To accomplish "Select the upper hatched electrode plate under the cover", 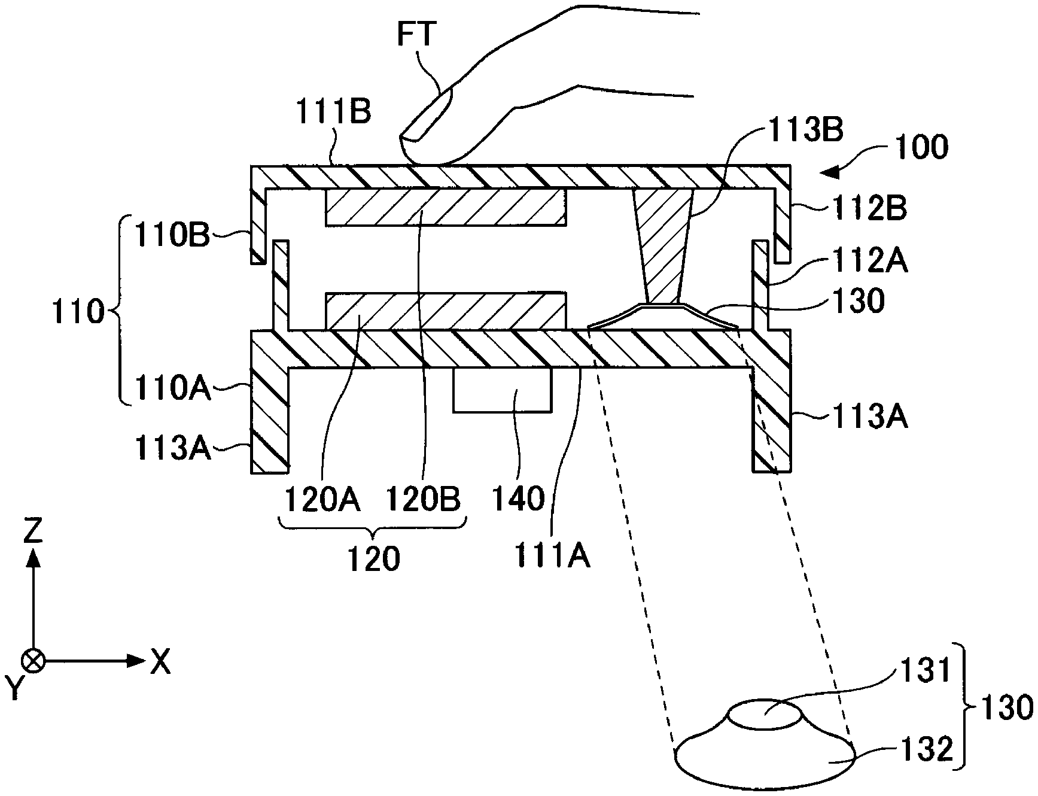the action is point(445,207).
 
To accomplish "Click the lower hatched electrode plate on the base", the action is point(445,311).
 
